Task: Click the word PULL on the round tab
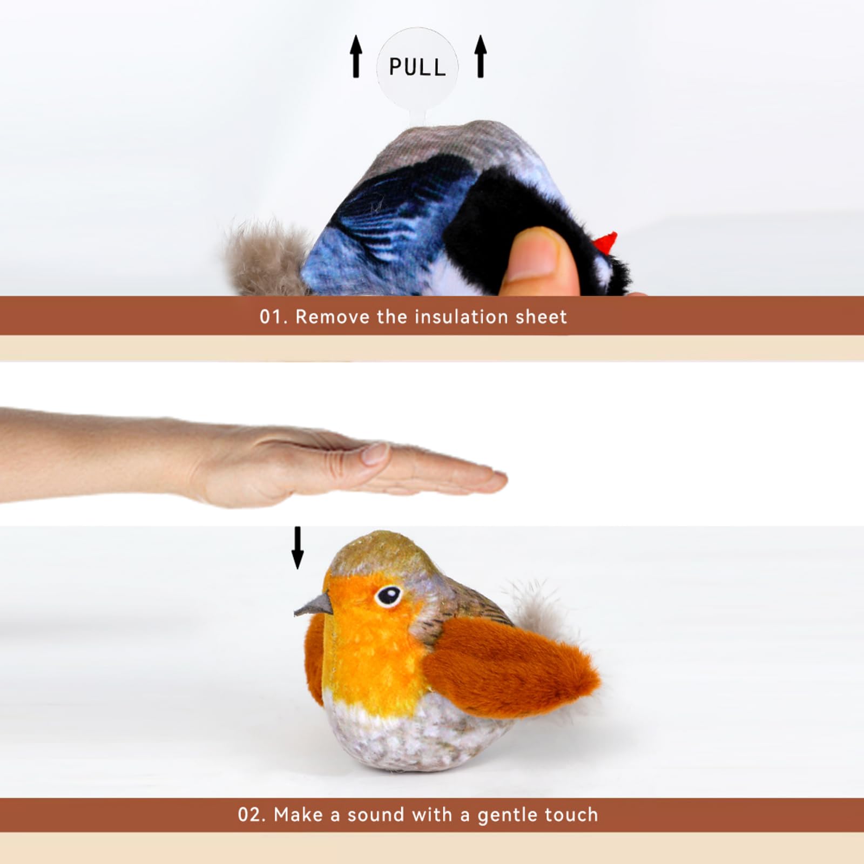pos(417,67)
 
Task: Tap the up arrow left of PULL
pos(356,56)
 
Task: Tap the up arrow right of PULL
pos(481,56)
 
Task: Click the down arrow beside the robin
pos(298,548)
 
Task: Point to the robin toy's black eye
pos(388,595)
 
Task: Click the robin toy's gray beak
pos(314,605)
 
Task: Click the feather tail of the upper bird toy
pos(265,256)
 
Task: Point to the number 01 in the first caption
pos(272,317)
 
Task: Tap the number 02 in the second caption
pos(251,814)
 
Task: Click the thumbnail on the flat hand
pos(375,453)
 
